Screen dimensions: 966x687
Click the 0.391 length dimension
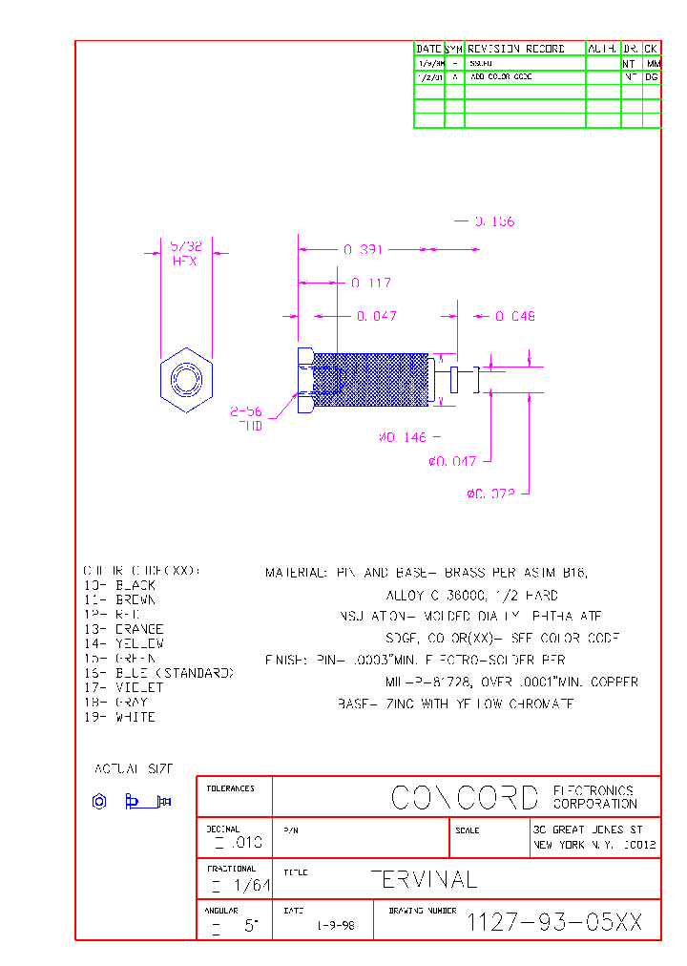coord(363,250)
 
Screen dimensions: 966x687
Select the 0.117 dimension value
coord(370,283)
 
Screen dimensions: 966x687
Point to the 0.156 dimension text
coord(494,221)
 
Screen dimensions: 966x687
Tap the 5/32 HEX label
coord(185,253)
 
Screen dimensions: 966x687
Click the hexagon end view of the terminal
coord(185,380)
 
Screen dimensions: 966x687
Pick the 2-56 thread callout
coord(247,419)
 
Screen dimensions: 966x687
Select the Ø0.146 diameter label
coord(405,437)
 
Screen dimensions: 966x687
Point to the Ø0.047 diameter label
coord(452,462)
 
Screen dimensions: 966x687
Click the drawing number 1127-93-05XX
coord(554,922)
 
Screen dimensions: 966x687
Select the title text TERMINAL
coord(423,879)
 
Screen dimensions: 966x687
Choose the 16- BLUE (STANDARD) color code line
coord(158,673)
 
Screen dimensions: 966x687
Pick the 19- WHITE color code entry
coord(119,717)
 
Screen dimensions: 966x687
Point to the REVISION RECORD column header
coord(516,49)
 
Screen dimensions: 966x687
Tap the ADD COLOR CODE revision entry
coord(501,76)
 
